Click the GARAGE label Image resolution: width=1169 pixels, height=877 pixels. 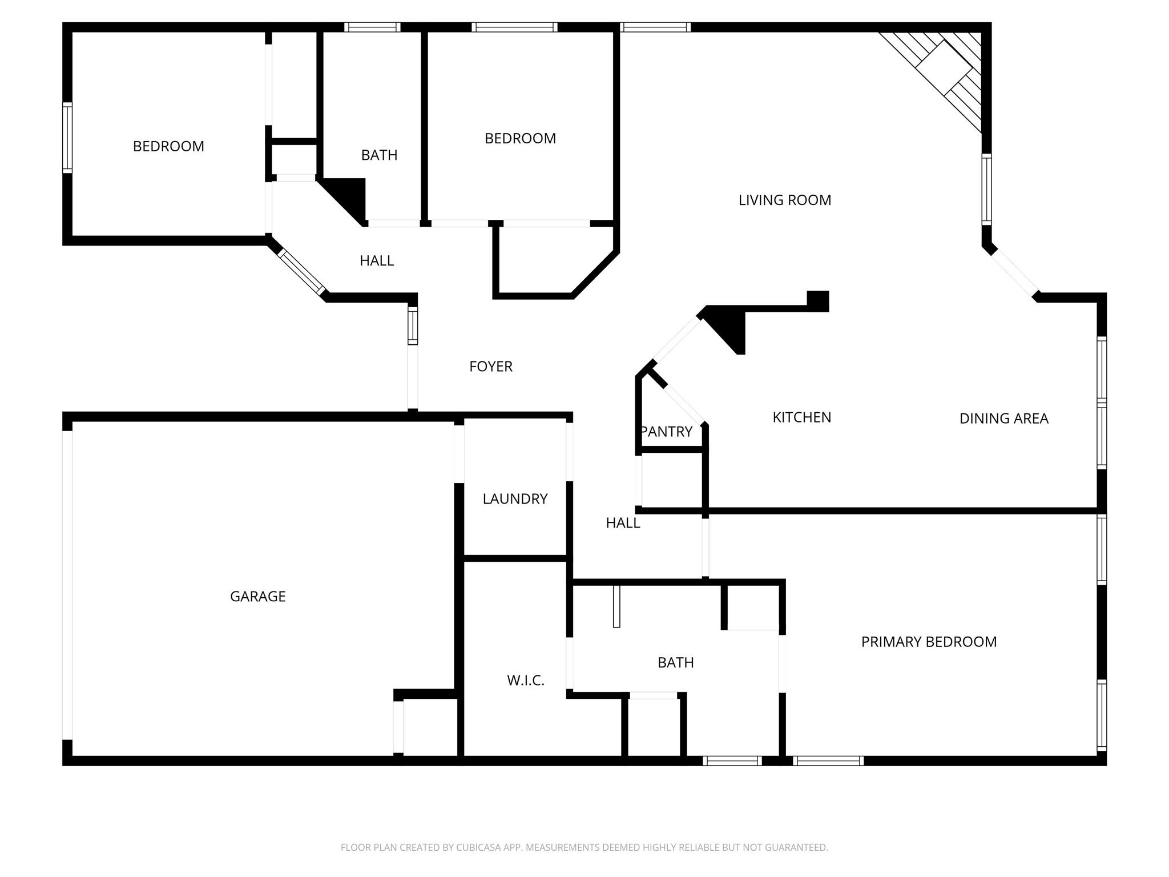pyautogui.click(x=257, y=596)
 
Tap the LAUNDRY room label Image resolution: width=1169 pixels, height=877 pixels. pyautogui.click(x=515, y=499)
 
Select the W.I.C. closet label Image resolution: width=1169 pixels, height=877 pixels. pyautogui.click(x=526, y=681)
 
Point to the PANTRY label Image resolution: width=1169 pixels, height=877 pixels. pyautogui.click(x=667, y=432)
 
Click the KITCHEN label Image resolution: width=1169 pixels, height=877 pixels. pyautogui.click(x=801, y=417)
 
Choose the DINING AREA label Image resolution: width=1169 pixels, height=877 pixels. pyautogui.click(x=1003, y=419)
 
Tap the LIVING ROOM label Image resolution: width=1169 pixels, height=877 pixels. pyautogui.click(x=784, y=200)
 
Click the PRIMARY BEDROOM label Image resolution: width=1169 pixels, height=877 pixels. pyautogui.click(x=929, y=642)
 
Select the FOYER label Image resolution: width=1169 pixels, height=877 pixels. pyautogui.click(x=491, y=367)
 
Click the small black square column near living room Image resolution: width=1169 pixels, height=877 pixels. pyautogui.click(x=817, y=301)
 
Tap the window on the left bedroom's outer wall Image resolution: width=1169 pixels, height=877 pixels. pyautogui.click(x=67, y=138)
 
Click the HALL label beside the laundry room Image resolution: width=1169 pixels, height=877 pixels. pyautogui.click(x=623, y=523)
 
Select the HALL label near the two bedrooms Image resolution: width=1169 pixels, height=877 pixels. pyautogui.click(x=377, y=261)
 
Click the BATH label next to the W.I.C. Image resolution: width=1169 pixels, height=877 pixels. pyautogui.click(x=675, y=662)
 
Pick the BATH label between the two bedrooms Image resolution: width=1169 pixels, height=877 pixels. pyautogui.click(x=379, y=155)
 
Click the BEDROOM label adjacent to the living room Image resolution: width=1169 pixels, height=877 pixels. pyautogui.click(x=520, y=139)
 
